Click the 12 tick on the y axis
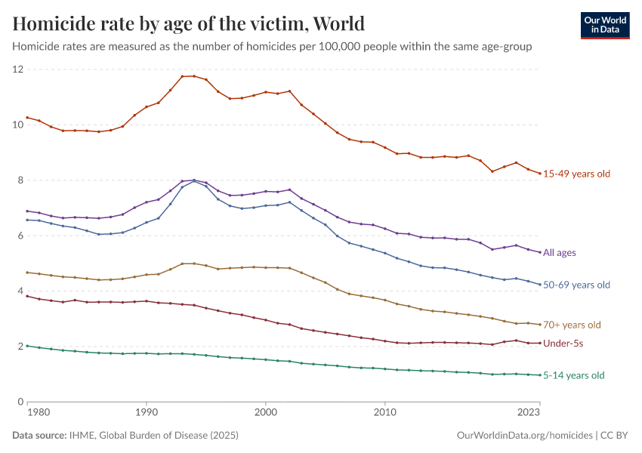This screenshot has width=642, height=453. (x=18, y=69)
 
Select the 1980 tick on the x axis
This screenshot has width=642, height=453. (x=39, y=412)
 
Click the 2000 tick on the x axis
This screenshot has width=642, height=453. (x=266, y=412)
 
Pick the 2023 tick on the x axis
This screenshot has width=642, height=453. (x=529, y=412)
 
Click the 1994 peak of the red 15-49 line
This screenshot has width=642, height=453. (x=194, y=75)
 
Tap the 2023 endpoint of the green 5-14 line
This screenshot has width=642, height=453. (x=540, y=375)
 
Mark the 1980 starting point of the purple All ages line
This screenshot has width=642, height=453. (x=27, y=211)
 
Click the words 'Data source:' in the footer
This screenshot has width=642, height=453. (x=39, y=436)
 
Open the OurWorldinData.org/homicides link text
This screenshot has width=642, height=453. (x=524, y=436)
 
